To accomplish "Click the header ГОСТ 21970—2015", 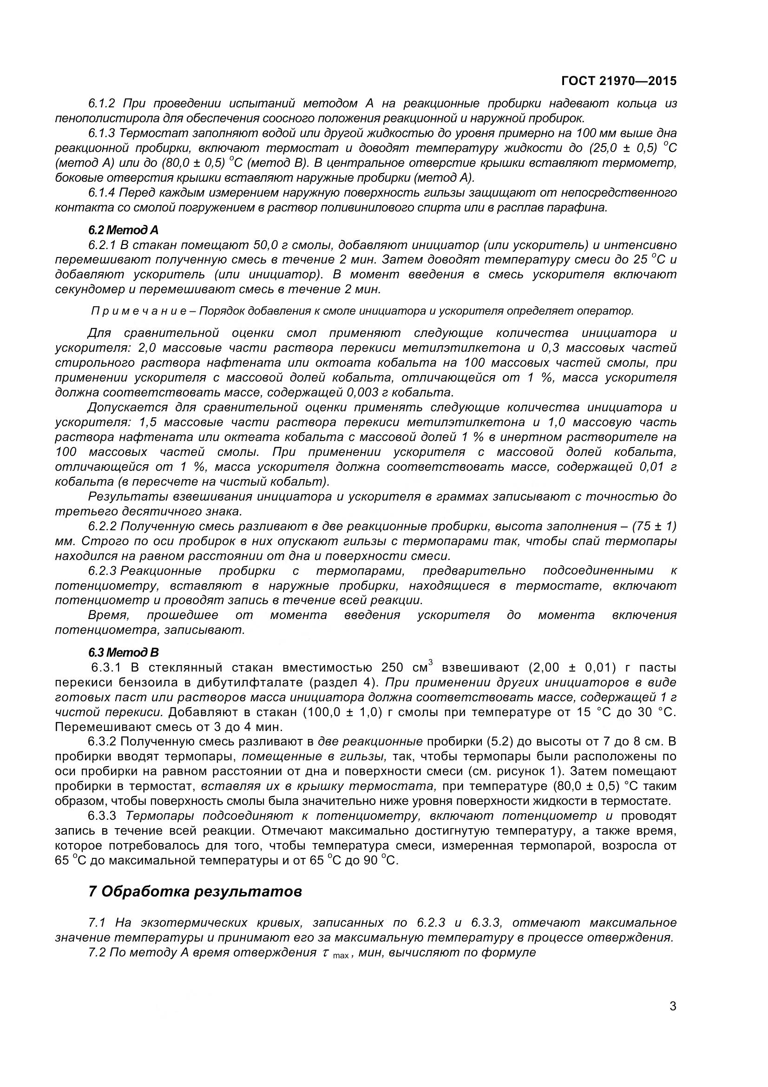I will pos(618,81).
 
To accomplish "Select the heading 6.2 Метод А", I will pos(123,230).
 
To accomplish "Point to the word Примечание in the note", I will pos(142,311).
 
